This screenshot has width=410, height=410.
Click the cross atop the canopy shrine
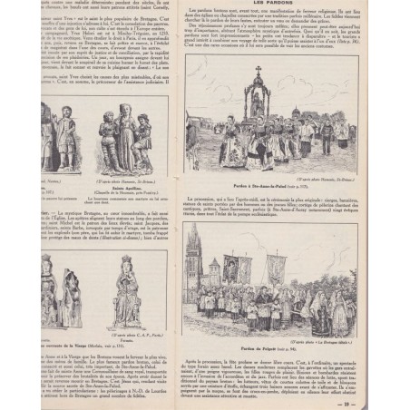(x=257, y=70)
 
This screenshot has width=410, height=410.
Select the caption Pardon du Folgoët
(x=265, y=347)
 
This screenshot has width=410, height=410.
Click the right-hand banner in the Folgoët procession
(x=276, y=272)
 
